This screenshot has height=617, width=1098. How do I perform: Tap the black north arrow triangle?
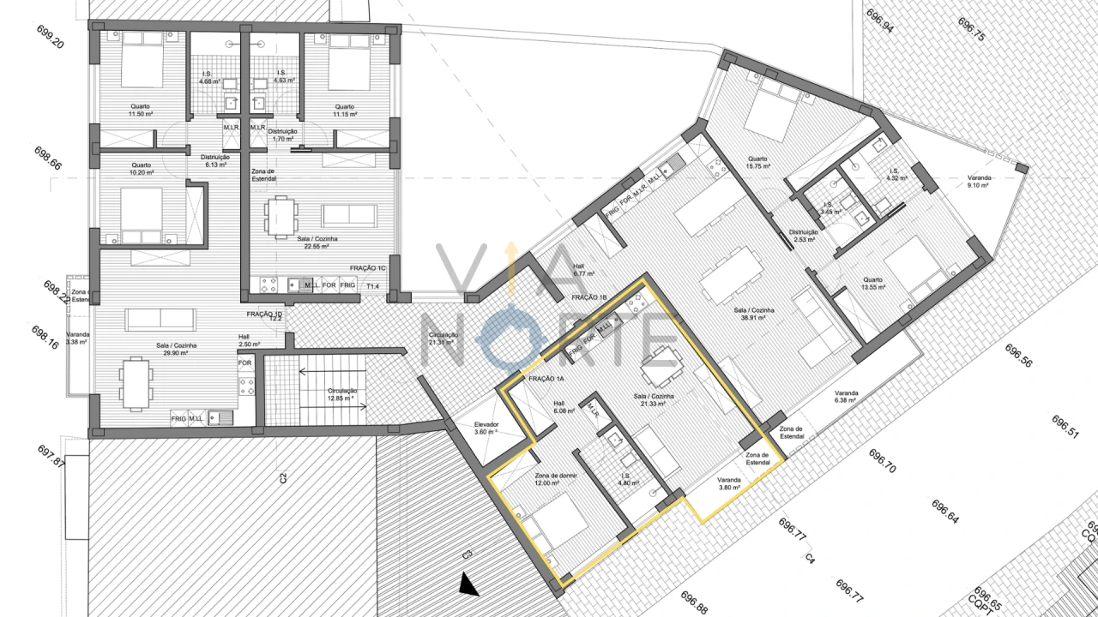468,585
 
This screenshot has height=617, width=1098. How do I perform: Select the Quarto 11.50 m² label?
140,110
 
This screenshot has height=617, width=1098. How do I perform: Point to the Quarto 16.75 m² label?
757,162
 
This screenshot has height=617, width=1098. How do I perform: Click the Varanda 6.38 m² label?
846,396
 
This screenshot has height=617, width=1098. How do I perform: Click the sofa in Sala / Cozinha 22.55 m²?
348,215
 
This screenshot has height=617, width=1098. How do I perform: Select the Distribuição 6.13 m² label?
214,161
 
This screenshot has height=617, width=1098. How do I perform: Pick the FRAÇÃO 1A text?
547,379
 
